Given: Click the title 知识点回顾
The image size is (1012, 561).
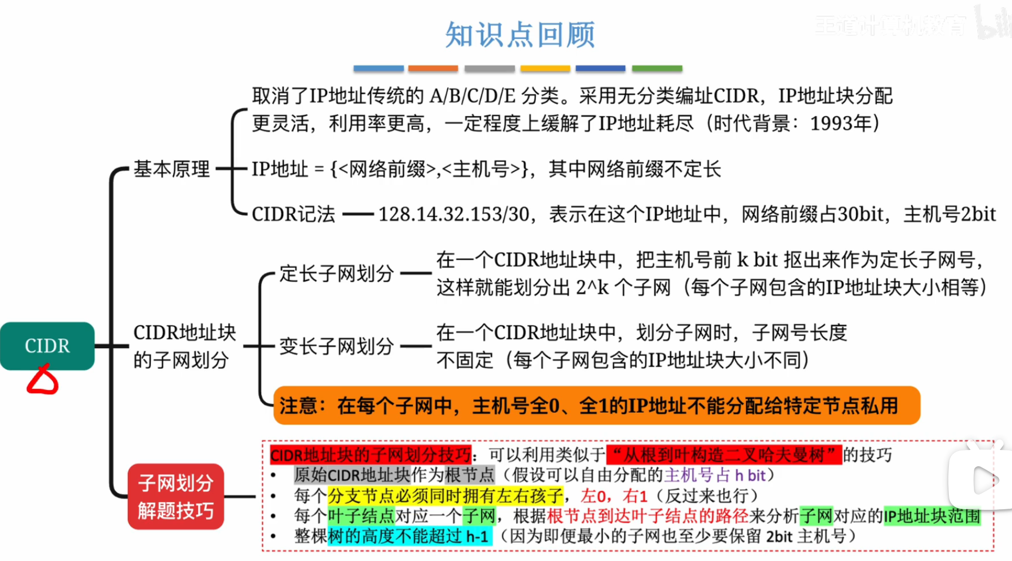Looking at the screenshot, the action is pyautogui.click(x=520, y=35).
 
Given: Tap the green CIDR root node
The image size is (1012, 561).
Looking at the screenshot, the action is pyautogui.click(x=47, y=346).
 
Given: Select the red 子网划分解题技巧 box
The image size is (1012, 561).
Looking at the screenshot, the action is pyautogui.click(x=175, y=497).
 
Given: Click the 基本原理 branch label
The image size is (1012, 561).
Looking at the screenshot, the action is pyautogui.click(x=172, y=169).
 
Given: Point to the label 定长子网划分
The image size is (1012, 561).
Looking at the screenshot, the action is pyautogui.click(x=336, y=273).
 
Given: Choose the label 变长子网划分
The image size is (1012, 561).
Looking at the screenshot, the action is pyautogui.click(x=336, y=346).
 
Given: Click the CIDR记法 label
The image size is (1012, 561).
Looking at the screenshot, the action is pyautogui.click(x=293, y=214).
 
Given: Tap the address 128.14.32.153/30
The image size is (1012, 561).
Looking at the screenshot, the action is pyautogui.click(x=454, y=214).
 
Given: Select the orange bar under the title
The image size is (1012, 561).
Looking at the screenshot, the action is pyautogui.click(x=433, y=69).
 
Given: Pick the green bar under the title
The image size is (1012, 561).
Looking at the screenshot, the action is pyautogui.click(x=657, y=69).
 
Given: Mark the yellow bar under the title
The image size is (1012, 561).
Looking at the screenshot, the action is pyautogui.click(x=545, y=69).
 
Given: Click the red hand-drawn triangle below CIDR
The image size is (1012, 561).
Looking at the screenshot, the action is pyautogui.click(x=42, y=380).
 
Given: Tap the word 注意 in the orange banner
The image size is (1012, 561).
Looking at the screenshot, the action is pyautogui.click(x=298, y=406).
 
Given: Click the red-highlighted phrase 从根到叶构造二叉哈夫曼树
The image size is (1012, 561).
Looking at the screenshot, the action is pyautogui.click(x=724, y=454).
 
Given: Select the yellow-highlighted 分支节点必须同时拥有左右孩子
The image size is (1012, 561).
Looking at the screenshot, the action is pyautogui.click(x=445, y=496).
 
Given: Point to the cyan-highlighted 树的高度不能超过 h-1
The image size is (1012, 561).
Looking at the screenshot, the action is pyautogui.click(x=409, y=536).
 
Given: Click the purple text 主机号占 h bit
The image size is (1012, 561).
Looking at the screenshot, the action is pyautogui.click(x=715, y=475).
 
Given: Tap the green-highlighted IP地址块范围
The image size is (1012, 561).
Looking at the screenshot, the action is pyautogui.click(x=931, y=516).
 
